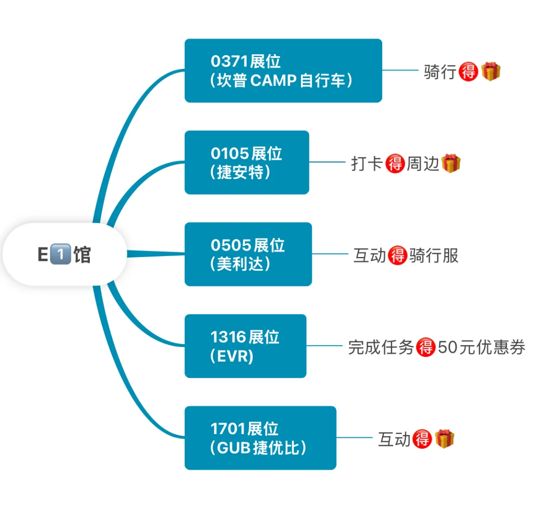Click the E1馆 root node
(x=65, y=254)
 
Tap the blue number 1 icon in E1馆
(x=60, y=254)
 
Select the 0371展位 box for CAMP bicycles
(x=283, y=70)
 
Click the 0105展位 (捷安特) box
(x=246, y=162)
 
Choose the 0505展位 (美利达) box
(x=248, y=254)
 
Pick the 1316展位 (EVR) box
(x=245, y=346)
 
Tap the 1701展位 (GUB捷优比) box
(x=260, y=438)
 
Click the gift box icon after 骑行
(x=491, y=71)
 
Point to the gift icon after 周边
(x=451, y=163)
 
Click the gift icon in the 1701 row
(x=444, y=438)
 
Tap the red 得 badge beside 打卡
(x=395, y=164)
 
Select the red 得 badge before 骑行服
(x=397, y=256)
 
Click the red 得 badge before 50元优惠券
(x=425, y=347)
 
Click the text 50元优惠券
(x=481, y=347)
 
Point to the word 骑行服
(x=434, y=256)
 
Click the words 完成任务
(x=381, y=347)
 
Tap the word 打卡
(x=367, y=164)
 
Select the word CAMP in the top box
(x=273, y=80)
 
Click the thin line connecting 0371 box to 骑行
(x=400, y=70)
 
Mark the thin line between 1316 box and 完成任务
(x=324, y=346)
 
